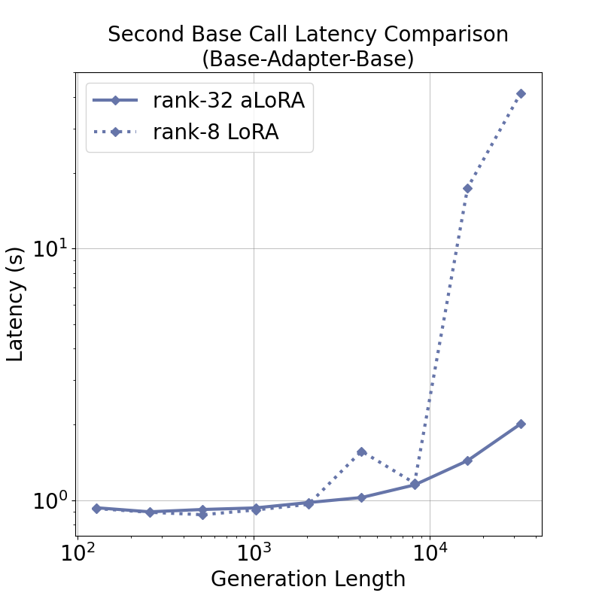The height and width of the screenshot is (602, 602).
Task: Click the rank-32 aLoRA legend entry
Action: tap(228, 100)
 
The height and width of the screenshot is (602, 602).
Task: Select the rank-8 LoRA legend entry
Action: tap(215, 132)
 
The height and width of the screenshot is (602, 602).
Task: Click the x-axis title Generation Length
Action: tap(308, 579)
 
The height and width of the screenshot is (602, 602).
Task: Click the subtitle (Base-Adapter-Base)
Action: tap(308, 59)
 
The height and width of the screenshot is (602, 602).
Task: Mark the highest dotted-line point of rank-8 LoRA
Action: tap(521, 93)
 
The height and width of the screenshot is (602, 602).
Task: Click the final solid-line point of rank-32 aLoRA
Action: tap(521, 424)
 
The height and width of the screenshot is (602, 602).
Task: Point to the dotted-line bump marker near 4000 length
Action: tap(361, 451)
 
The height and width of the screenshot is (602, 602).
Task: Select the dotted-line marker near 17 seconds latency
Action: tap(467, 188)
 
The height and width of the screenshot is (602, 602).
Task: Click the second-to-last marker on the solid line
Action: tap(467, 461)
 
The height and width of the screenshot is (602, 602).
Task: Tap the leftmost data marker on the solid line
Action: tap(96, 508)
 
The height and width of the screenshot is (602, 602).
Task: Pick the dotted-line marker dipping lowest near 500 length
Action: tap(202, 514)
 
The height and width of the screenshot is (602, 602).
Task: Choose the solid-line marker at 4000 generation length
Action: tap(361, 497)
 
